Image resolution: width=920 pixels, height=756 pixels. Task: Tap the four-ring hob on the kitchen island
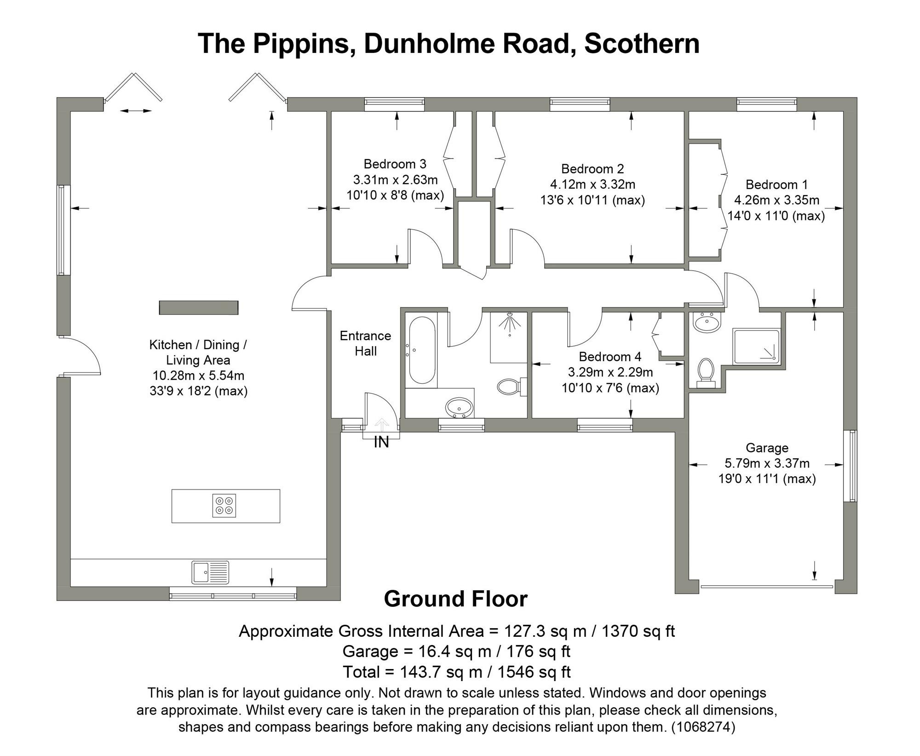coord(224,506)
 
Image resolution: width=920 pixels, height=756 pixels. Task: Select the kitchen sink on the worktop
coord(211,572)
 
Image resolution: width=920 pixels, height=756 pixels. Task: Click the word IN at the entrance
coord(381,442)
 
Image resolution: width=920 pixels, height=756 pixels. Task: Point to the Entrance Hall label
coord(365,343)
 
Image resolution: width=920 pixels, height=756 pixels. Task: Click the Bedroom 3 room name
coord(395,164)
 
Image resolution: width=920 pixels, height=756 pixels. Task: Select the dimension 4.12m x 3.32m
coord(592,185)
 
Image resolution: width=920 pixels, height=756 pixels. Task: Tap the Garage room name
coord(767,448)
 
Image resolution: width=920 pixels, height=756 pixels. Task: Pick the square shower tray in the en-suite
coord(756,346)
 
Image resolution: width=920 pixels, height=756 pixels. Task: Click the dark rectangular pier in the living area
coord(199,307)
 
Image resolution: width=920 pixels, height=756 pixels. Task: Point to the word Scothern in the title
coord(642,44)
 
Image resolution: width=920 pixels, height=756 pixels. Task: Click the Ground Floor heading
coord(455,599)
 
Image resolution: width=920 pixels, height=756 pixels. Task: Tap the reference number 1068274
coord(703,727)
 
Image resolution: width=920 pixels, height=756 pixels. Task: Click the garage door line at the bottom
coord(766,587)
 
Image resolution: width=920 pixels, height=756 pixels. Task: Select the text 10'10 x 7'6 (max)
coord(610,388)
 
